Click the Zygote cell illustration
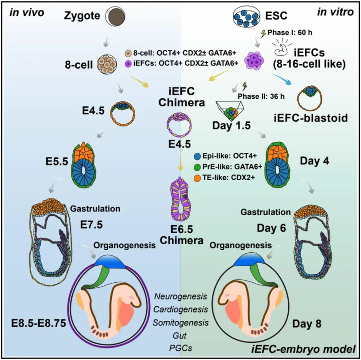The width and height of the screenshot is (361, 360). (115, 17)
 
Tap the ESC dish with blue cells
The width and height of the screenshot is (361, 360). (247, 16)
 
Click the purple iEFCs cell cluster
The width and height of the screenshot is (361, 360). (254, 60)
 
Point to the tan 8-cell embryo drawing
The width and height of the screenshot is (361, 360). (107, 64)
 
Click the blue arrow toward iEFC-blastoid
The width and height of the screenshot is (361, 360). (282, 79)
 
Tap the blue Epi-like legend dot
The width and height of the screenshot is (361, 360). (197, 156)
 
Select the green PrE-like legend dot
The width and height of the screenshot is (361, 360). (197, 167)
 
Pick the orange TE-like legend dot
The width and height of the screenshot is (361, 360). (197, 177)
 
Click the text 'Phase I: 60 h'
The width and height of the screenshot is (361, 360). (290, 33)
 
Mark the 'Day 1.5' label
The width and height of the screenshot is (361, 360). (231, 125)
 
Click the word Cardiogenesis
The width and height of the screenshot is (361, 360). (181, 309)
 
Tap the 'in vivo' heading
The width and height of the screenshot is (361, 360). (27, 13)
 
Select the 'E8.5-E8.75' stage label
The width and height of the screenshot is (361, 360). (39, 323)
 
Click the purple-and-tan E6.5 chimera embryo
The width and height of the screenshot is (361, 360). (181, 199)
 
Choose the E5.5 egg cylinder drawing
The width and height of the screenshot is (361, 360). (84, 165)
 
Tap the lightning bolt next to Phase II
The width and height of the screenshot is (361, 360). (245, 87)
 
